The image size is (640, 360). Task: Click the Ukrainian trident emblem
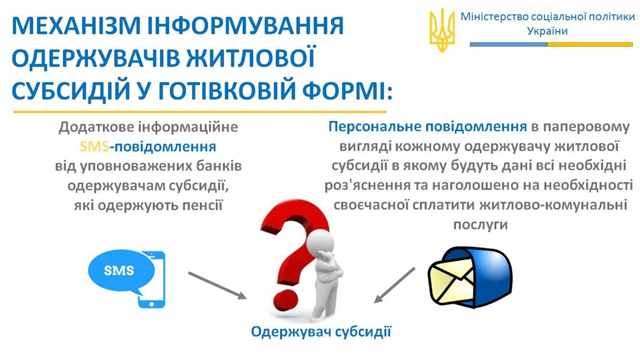(x=442, y=30)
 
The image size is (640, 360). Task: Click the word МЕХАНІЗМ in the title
(x=76, y=26)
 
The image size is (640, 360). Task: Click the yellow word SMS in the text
(x=94, y=146)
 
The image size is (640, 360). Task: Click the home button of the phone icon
(x=152, y=304)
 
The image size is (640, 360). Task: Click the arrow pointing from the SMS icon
(x=217, y=285)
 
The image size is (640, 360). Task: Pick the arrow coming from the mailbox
(x=395, y=285)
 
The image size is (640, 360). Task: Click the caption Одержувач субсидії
(x=321, y=332)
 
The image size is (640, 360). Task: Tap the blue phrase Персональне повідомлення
(x=428, y=126)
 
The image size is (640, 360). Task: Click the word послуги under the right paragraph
(x=480, y=225)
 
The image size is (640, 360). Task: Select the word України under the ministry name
(x=547, y=31)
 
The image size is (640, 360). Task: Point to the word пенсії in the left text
(x=202, y=205)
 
